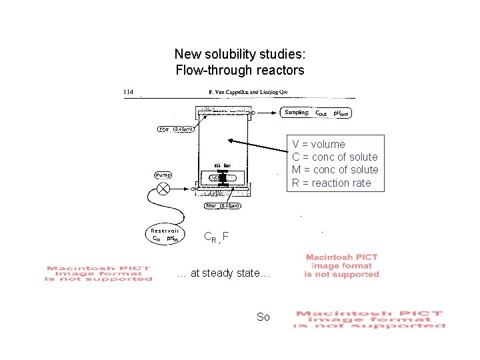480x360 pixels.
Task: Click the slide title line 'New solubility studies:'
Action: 239,53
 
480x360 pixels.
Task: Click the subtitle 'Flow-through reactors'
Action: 239,70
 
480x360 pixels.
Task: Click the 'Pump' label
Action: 163,175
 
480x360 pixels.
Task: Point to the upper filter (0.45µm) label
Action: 175,129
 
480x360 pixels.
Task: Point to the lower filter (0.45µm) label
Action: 223,206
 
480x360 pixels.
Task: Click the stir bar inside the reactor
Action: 223,178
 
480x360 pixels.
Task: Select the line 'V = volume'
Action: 319,144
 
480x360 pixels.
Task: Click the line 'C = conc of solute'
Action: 335,157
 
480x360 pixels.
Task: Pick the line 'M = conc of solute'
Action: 335,169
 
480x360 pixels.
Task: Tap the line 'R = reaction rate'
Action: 331,183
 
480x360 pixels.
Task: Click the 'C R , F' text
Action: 216,236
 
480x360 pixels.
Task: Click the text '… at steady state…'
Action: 223,273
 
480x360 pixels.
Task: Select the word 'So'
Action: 263,317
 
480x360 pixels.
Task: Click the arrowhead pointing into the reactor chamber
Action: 231,140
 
